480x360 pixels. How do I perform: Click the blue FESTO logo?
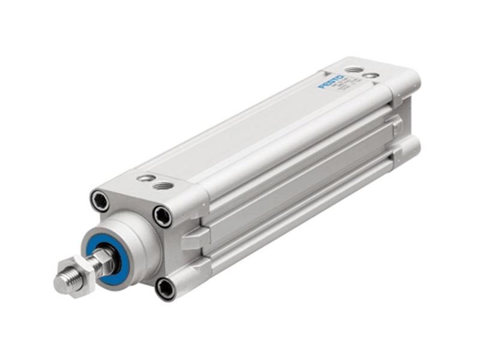(x=331, y=82)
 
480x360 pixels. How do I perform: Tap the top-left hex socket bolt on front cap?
(x=100, y=200)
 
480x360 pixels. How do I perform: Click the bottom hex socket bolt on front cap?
(x=164, y=287)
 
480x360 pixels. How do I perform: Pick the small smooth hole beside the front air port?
(x=143, y=178)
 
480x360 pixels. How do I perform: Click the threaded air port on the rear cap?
(x=355, y=70)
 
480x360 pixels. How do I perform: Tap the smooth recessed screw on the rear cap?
(x=374, y=75)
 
